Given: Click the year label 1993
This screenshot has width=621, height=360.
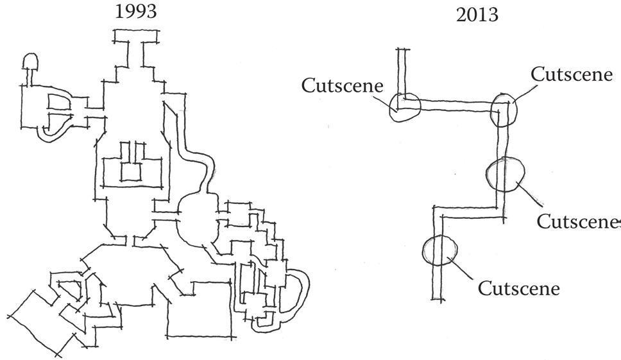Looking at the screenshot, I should (135, 12).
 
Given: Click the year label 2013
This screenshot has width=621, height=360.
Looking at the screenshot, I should (477, 15).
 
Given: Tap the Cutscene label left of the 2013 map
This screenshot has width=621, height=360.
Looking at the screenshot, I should (343, 85).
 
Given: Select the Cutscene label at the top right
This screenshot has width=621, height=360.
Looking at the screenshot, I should (572, 74).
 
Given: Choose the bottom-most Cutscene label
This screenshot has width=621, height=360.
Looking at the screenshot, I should (518, 288).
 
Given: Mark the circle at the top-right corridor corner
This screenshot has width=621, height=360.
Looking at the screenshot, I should (504, 111).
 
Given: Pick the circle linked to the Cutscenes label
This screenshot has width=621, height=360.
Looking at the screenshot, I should (506, 174).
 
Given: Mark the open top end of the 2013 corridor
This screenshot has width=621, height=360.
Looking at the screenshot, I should (402, 51).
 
